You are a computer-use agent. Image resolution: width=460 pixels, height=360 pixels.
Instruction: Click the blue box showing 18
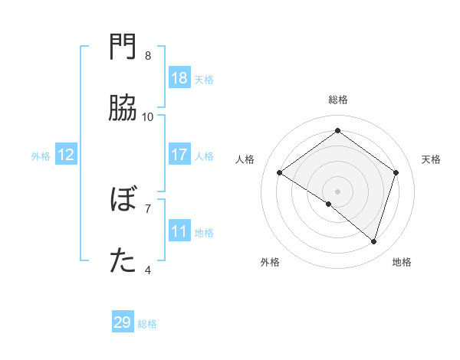point(179,78)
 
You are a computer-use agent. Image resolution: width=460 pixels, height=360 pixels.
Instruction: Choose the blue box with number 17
point(179,155)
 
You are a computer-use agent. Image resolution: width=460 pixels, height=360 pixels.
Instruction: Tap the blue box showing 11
point(179,231)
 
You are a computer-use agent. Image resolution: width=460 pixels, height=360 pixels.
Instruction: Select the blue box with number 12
point(66,155)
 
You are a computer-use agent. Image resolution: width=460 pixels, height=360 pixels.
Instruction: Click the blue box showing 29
point(123,322)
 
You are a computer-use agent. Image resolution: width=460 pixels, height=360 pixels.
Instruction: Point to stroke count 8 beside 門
point(148,56)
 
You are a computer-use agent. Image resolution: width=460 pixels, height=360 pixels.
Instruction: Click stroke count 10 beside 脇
point(148,117)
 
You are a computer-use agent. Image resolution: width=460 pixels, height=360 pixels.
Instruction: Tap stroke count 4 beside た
point(148,270)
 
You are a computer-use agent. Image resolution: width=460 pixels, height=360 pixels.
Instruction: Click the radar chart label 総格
point(338,100)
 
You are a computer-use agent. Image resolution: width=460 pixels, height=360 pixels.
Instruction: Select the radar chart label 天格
point(432,159)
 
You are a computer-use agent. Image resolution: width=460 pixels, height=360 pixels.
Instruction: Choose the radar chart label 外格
point(270,262)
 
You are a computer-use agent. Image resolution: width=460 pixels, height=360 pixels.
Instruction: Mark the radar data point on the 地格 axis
point(373,241)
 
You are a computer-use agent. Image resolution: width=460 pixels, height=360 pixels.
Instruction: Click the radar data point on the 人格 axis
point(280,173)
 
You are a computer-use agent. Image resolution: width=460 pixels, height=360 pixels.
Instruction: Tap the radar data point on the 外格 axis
point(329,204)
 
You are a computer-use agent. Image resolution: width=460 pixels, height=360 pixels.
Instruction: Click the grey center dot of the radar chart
point(338,191)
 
